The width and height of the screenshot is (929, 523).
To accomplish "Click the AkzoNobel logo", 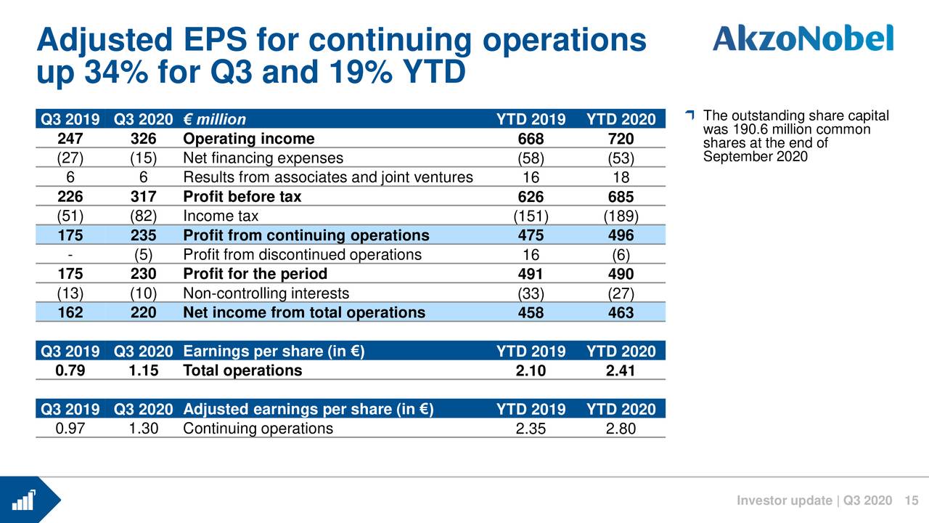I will tap(803, 38).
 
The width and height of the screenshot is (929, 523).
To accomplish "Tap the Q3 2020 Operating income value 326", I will tap(144, 139).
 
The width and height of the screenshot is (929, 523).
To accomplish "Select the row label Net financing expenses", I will tap(263, 158).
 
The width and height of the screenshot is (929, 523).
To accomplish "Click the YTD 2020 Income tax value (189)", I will tap(621, 216).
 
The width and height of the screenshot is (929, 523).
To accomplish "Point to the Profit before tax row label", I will tap(242, 197).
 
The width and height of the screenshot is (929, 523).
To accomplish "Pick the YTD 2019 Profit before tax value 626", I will tap(531, 197).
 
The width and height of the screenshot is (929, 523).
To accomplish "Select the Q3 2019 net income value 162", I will tap(70, 312).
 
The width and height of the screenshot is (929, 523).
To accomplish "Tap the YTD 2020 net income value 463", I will tap(621, 313).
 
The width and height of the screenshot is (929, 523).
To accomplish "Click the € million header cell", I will tap(214, 119).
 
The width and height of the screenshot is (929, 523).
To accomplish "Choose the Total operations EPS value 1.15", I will tap(144, 370).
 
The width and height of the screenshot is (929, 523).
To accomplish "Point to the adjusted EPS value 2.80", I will tap(621, 429).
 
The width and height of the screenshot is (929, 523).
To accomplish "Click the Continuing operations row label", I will tap(258, 428).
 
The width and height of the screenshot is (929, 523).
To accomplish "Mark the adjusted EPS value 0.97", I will tap(70, 428).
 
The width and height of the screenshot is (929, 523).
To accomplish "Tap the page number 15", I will tap(912, 500).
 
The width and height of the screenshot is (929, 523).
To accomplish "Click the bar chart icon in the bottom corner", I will tap(25, 500).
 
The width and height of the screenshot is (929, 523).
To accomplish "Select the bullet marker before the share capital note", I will tap(690, 115).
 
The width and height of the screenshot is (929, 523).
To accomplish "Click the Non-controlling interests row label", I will tap(266, 293).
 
